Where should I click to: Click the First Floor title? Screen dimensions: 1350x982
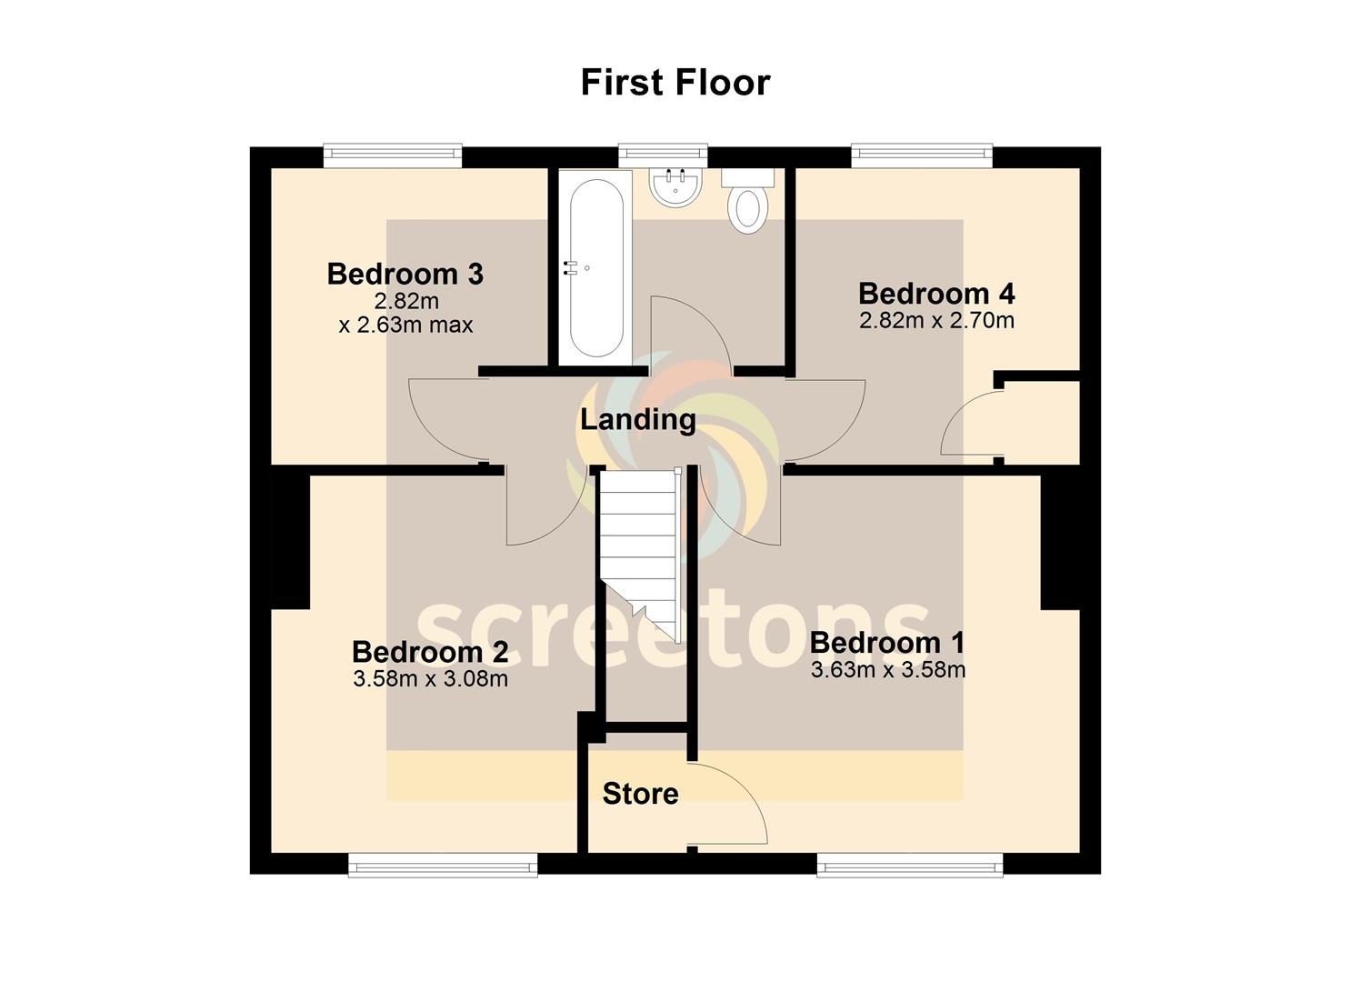pos(675,83)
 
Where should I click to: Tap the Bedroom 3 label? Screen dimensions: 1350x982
pos(405,274)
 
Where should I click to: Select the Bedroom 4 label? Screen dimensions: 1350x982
pos(936,294)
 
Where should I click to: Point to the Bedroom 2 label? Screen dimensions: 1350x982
pos(430,652)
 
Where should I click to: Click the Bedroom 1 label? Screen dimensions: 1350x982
pos(887,643)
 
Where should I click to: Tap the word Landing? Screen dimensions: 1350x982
pos(637,419)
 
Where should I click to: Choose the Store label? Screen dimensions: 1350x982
pos(640,793)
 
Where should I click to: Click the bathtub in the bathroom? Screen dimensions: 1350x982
pos(596,267)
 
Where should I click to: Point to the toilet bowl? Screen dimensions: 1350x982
pos(747,208)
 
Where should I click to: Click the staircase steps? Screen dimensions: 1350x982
pos(640,555)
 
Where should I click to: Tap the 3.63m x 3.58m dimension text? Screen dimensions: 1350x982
pos(888,670)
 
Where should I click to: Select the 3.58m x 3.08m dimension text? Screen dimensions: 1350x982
pos(430,679)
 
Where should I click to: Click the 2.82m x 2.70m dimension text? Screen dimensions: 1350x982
pos(936,320)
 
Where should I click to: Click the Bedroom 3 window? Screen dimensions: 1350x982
pos(393,155)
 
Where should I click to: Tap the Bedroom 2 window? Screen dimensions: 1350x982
pos(443,864)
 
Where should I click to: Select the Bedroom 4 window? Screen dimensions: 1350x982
pos(922,155)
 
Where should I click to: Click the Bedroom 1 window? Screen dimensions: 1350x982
pos(910,864)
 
